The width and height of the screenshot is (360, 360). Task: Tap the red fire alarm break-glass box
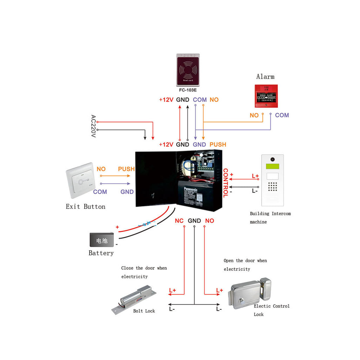(266, 96)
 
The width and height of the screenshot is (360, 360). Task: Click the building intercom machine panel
(272, 180)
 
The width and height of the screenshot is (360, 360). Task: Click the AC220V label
(93, 126)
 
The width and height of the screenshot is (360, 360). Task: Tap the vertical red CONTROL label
(225, 183)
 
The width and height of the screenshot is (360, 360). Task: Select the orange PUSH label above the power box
(218, 144)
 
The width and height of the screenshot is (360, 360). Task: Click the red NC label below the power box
(179, 221)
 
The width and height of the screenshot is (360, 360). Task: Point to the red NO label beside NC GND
(210, 221)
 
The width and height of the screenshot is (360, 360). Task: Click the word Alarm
(265, 77)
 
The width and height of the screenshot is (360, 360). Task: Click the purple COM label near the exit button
(100, 192)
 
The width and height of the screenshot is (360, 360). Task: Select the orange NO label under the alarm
(254, 115)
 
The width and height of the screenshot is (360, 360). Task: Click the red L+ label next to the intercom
(255, 176)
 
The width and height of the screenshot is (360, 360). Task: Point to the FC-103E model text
(188, 90)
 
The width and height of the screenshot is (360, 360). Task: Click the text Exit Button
(85, 207)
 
